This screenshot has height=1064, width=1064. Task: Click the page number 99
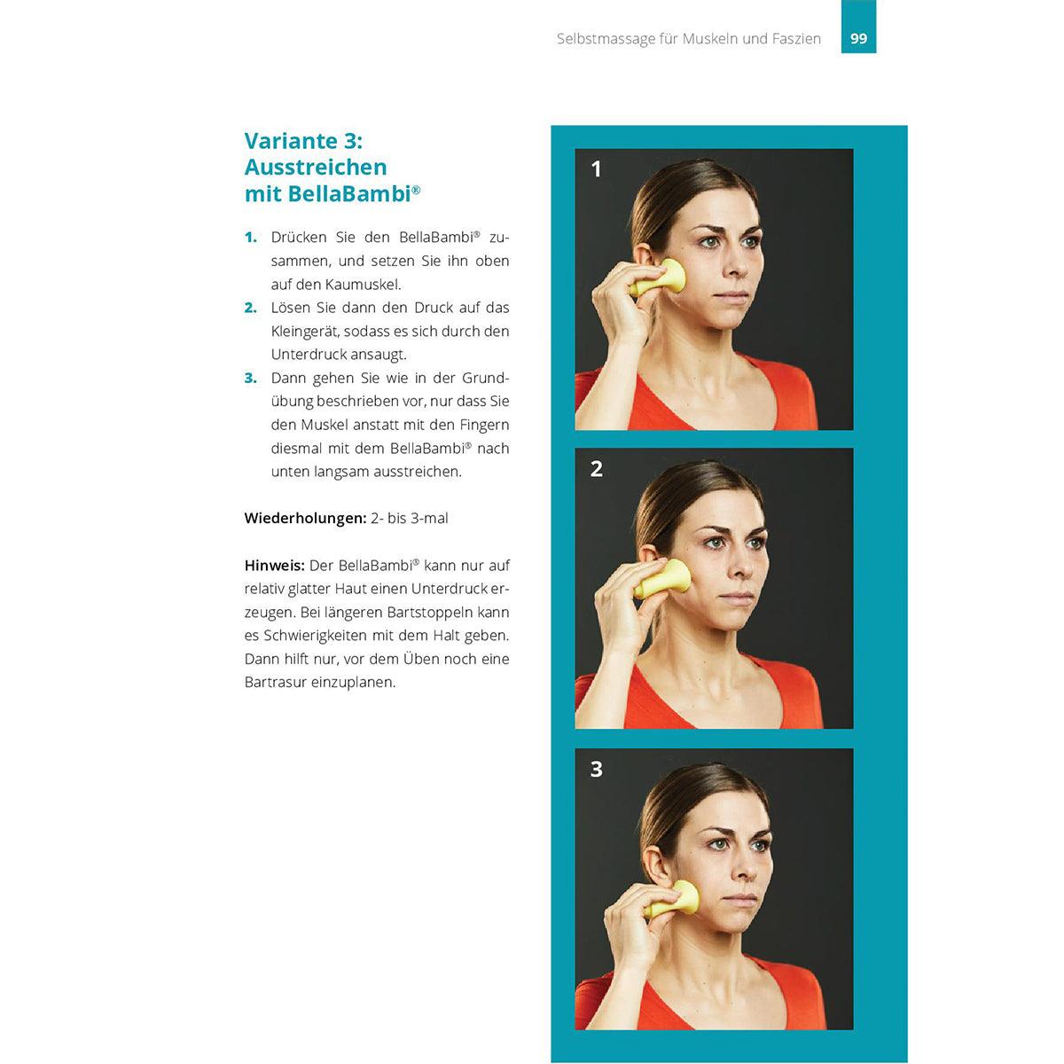click(x=858, y=39)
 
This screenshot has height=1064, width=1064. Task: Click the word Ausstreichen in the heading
click(x=316, y=168)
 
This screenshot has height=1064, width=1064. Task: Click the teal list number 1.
click(x=251, y=238)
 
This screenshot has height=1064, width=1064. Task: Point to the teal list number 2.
click(x=251, y=308)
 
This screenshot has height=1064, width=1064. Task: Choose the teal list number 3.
click(x=251, y=379)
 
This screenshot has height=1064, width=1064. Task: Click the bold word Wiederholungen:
click(x=305, y=519)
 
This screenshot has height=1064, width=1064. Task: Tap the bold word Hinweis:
click(x=274, y=566)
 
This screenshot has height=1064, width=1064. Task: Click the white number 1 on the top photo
click(x=596, y=169)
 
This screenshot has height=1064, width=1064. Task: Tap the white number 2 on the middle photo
click(x=597, y=469)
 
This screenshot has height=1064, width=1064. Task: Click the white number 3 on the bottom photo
click(x=597, y=769)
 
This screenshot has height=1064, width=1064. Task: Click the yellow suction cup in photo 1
click(x=661, y=278)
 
